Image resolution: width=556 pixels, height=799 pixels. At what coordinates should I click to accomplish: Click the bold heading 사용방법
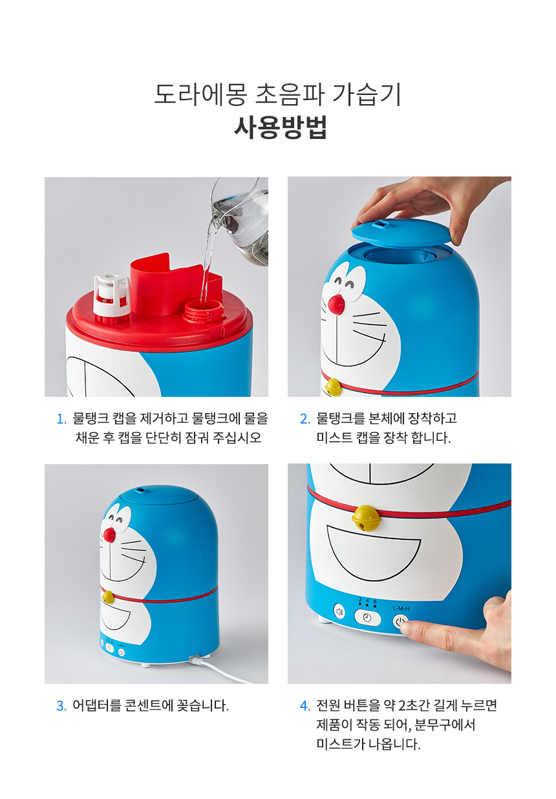click(x=281, y=127)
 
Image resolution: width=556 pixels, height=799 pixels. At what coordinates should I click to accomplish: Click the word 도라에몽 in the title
click(x=200, y=94)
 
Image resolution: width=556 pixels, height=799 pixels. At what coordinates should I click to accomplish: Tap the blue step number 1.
click(x=61, y=419)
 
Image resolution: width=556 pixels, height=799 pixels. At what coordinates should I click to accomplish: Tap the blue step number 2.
click(x=305, y=419)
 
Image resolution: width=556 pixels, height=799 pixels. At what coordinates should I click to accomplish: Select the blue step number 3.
click(x=61, y=706)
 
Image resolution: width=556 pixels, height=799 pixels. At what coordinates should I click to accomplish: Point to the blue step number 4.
click(x=305, y=706)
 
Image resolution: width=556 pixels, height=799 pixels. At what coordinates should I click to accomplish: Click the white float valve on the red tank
click(x=111, y=297)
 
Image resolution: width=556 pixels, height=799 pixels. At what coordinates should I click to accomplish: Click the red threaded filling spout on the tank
click(x=202, y=311)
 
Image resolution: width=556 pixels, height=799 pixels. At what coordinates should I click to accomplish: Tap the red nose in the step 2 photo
click(x=336, y=304)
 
